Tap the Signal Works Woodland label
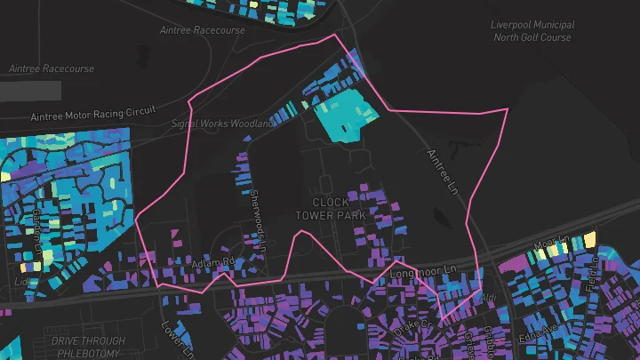click(223, 124)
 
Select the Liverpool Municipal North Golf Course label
click(532, 31)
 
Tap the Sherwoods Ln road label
click(258, 217)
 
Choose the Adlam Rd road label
click(212, 263)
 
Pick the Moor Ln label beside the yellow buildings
click(550, 242)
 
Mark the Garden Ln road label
click(36, 228)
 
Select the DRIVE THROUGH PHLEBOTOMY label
click(88, 347)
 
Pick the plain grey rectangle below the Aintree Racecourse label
click(30, 90)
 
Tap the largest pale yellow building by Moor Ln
click(589, 238)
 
